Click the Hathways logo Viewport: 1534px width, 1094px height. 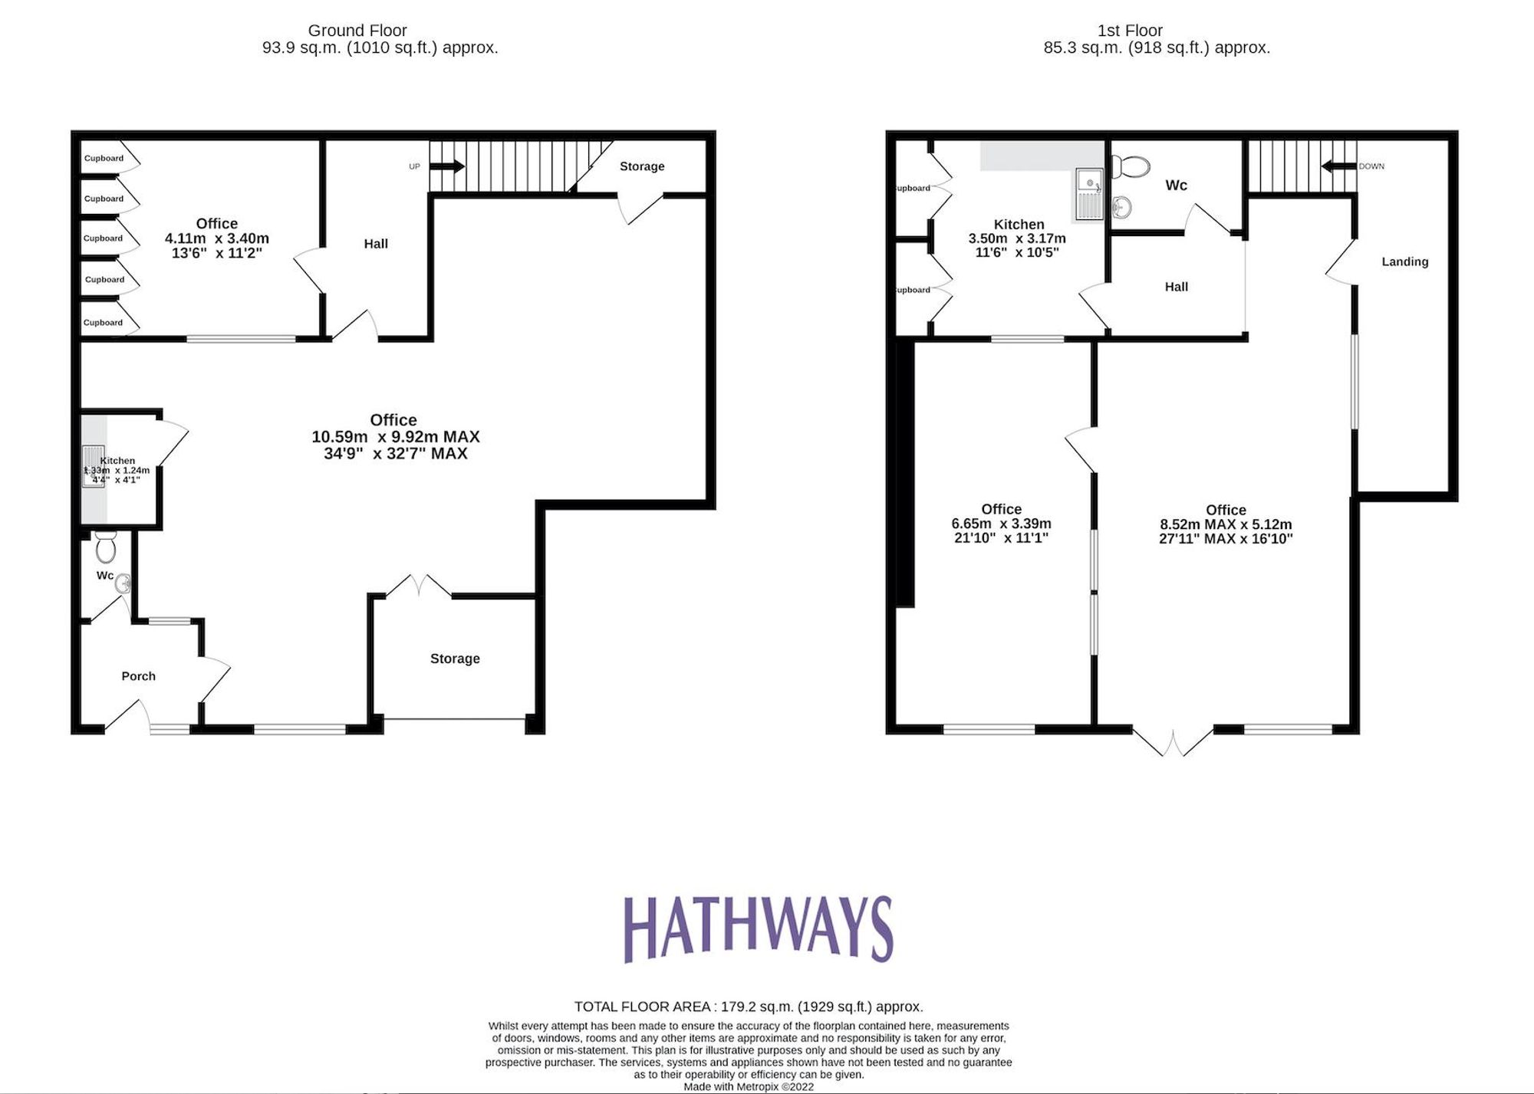[759, 928]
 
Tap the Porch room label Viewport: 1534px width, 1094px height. [139, 676]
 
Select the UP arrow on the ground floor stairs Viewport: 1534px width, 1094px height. [448, 166]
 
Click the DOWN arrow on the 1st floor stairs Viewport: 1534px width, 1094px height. [1338, 166]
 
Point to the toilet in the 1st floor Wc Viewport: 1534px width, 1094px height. [1131, 166]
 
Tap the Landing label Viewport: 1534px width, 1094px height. [1405, 261]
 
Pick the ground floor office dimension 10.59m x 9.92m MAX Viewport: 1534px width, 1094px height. [395, 437]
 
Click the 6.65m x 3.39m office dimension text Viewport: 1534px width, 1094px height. [1001, 524]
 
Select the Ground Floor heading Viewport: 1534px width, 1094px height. [357, 31]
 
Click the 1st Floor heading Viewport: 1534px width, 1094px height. [1130, 31]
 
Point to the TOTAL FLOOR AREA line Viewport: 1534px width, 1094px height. [749, 1007]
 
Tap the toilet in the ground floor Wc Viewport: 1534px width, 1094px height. [106, 547]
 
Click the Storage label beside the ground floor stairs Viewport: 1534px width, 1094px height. [642, 166]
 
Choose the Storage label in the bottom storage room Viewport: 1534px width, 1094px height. [455, 659]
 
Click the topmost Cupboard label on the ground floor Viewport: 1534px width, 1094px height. [104, 158]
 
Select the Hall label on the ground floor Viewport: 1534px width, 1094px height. [376, 244]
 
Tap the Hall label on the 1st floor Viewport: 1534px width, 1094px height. [1176, 287]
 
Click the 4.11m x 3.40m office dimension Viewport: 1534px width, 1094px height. [217, 238]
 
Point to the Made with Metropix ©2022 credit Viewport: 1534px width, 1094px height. [749, 1086]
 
